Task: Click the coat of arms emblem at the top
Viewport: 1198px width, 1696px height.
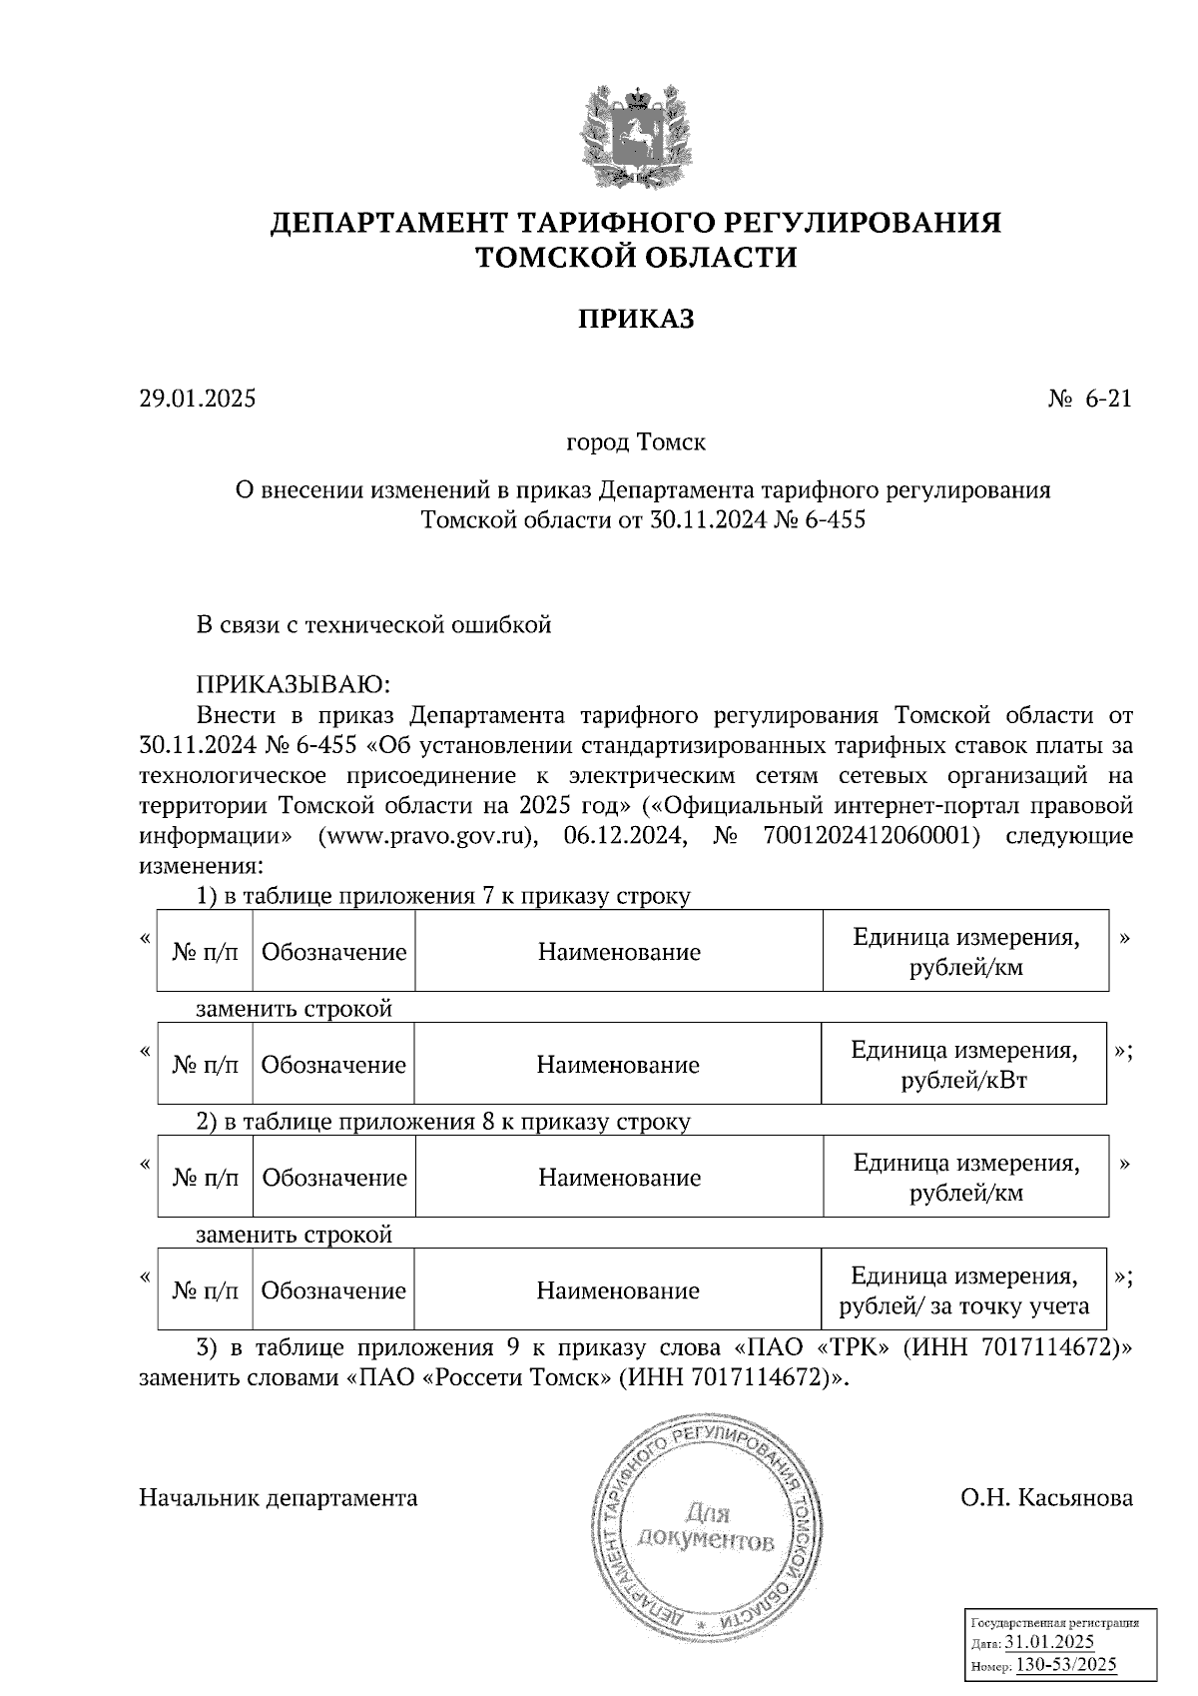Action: click(x=636, y=137)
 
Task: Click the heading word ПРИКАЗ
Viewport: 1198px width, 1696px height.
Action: click(x=636, y=320)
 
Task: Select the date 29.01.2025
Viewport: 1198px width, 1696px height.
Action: click(x=198, y=400)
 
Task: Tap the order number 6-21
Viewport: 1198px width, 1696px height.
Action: click(x=1108, y=400)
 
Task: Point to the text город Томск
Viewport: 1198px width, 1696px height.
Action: click(x=636, y=441)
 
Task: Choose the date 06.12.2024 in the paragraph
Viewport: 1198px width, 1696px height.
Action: click(x=625, y=836)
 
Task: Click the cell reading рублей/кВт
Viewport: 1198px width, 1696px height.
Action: click(x=963, y=1081)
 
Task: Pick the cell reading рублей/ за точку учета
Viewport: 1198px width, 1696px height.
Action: click(x=963, y=1306)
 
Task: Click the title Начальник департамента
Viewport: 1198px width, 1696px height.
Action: click(x=279, y=1498)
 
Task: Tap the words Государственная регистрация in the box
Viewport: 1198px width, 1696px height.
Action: click(x=1055, y=1623)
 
